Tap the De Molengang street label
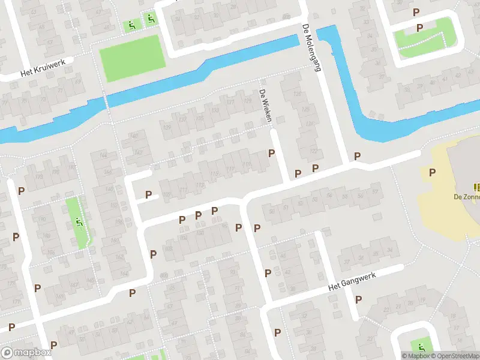311,47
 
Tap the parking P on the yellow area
432,173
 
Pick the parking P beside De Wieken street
272,154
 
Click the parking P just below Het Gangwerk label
358,299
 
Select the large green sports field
132,57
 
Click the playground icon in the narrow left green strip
79,223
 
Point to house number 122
313,151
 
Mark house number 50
272,211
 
